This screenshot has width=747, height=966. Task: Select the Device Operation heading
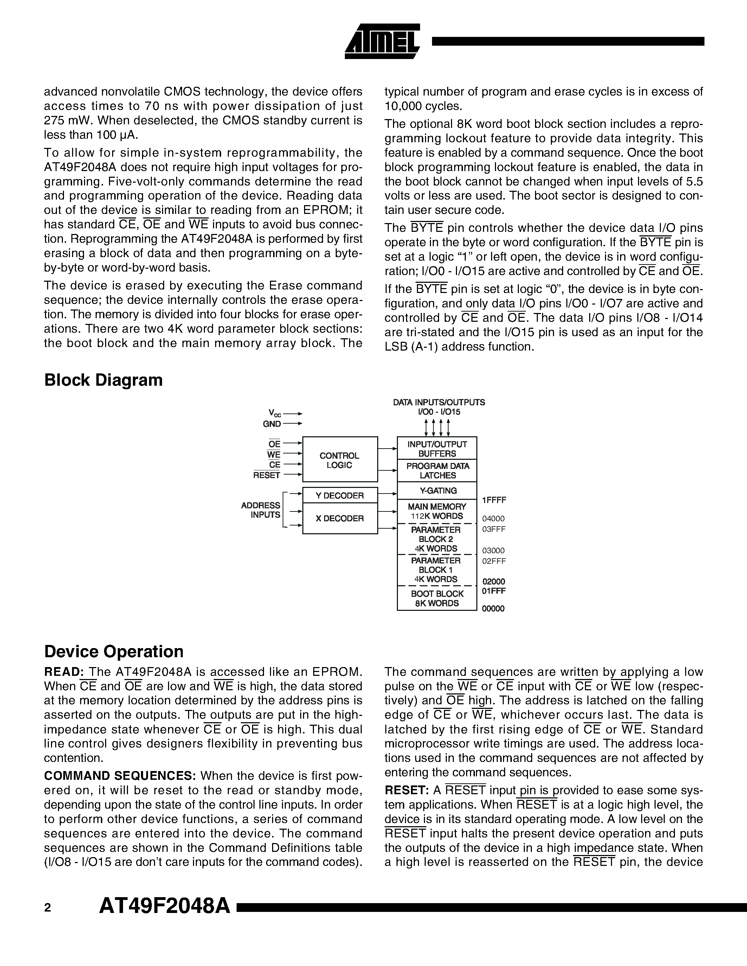(x=114, y=652)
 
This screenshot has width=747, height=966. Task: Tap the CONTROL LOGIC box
(x=340, y=460)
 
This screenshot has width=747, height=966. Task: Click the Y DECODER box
(x=340, y=495)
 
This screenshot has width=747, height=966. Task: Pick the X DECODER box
(x=340, y=518)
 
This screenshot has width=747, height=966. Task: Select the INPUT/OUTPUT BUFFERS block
(x=437, y=449)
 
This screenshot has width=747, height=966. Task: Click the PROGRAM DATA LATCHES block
(x=437, y=471)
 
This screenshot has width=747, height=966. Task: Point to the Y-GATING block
(x=437, y=490)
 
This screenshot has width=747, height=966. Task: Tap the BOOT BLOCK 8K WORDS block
(x=437, y=599)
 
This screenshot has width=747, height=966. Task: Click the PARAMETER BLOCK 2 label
(x=436, y=534)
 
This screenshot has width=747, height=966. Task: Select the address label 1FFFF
(x=494, y=500)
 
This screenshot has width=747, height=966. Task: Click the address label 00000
(x=493, y=609)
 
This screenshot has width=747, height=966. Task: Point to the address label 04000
(x=493, y=518)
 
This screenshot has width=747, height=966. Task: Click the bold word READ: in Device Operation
(x=64, y=672)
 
